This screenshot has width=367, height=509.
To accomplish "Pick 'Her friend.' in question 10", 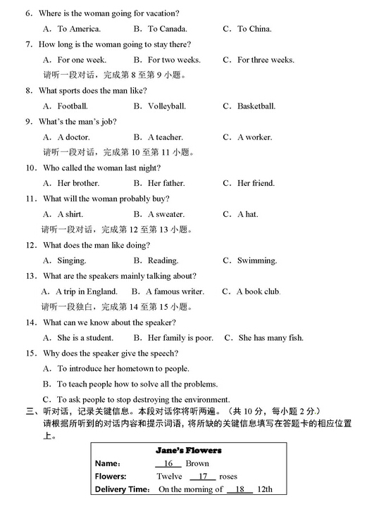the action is [256, 183].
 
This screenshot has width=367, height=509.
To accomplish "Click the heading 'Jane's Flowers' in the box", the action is [188, 450].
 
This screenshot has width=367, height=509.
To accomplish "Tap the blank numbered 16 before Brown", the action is [168, 464].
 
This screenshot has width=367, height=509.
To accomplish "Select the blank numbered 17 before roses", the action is [201, 477].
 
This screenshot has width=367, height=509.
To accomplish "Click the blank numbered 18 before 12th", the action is [240, 489].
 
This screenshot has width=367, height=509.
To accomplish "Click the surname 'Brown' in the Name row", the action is [197, 464].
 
